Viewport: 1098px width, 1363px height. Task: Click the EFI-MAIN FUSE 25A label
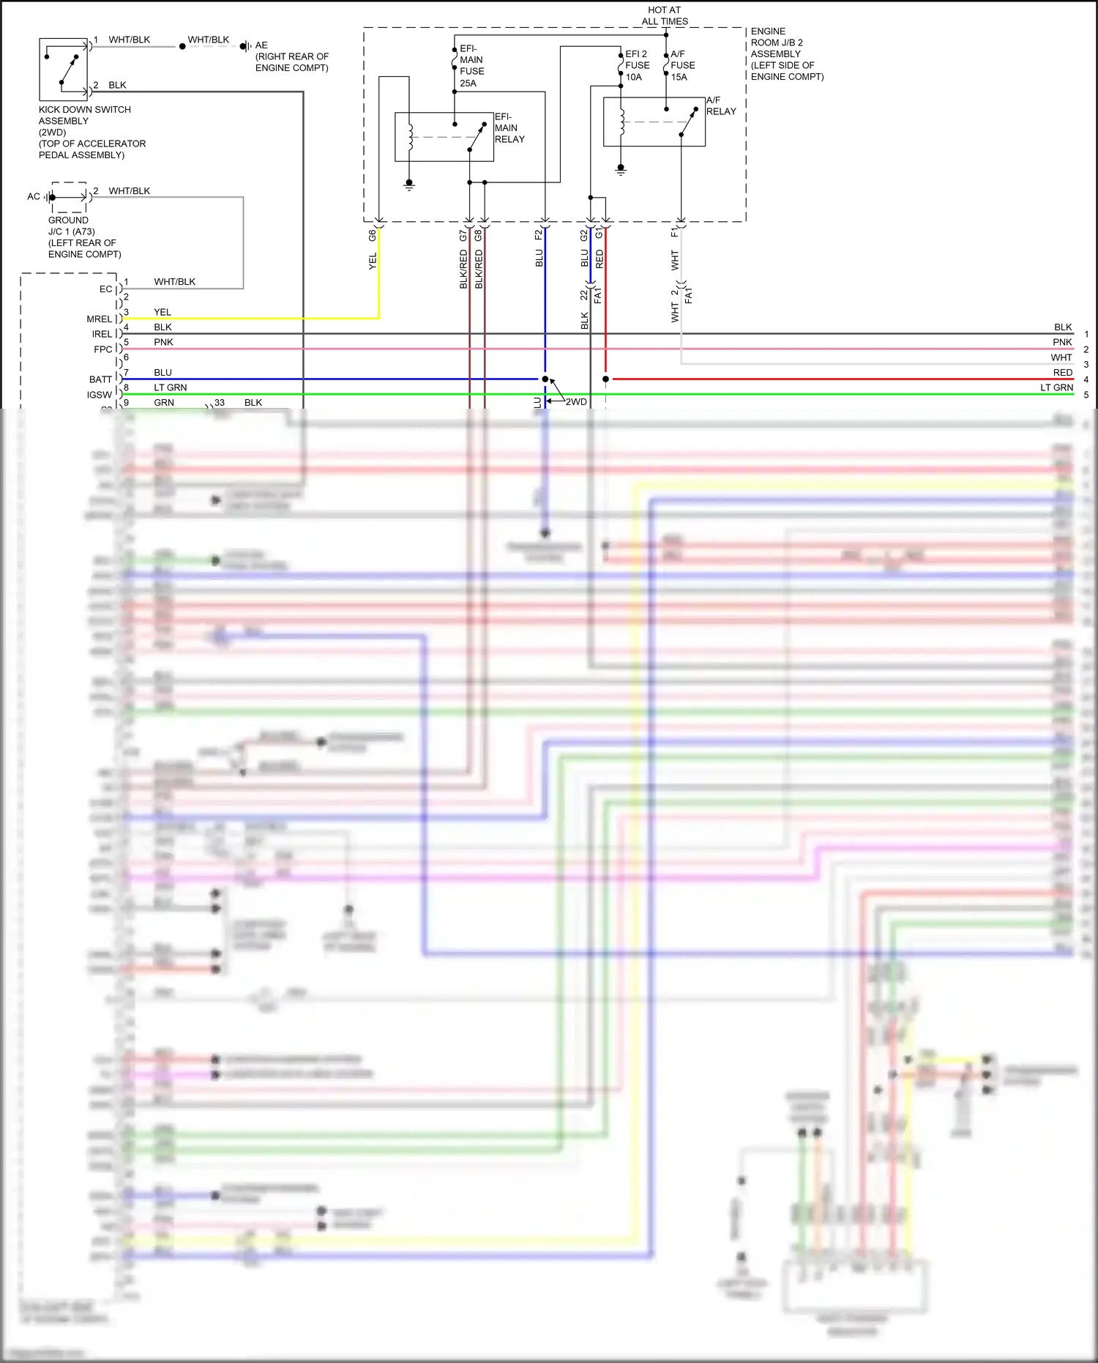(x=471, y=66)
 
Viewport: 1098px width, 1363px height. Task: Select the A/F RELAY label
(x=720, y=105)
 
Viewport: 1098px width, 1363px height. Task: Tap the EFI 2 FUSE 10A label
(x=636, y=65)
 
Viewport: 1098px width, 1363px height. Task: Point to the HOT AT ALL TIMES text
(x=664, y=15)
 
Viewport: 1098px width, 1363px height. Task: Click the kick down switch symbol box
(x=64, y=69)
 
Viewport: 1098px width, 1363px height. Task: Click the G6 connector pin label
(x=373, y=235)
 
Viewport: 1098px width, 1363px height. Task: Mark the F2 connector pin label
(x=539, y=234)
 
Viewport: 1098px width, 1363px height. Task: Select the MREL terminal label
(x=100, y=319)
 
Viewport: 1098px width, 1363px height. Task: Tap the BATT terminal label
(x=100, y=379)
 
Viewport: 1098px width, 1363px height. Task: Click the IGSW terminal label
(x=100, y=395)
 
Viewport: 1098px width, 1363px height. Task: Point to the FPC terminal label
(x=102, y=349)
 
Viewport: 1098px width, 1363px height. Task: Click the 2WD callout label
(x=576, y=401)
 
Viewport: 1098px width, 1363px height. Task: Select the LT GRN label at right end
(x=1056, y=387)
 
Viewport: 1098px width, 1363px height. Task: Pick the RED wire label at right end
(x=1062, y=373)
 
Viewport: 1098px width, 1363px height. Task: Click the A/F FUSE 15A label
(x=682, y=65)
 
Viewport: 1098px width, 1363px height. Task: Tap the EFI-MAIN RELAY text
(x=509, y=127)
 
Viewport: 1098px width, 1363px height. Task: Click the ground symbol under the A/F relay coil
(x=621, y=170)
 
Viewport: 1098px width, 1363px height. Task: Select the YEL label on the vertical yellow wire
(x=373, y=261)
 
